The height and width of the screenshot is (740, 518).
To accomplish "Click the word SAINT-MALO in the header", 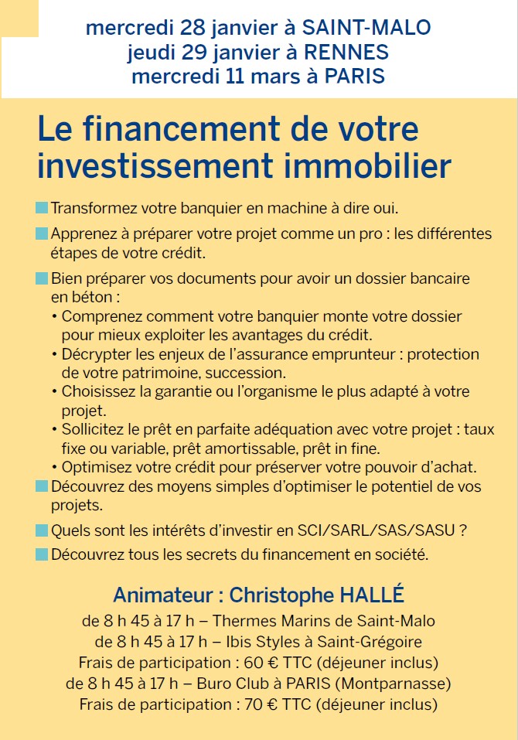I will tap(366, 29).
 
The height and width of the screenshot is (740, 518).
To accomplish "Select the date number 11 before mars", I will tap(238, 77).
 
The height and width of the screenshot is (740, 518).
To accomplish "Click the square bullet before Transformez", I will tap(42, 209).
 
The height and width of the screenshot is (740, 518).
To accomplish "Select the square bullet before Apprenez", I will tap(42, 234).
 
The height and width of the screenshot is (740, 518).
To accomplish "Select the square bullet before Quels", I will tap(42, 531).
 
